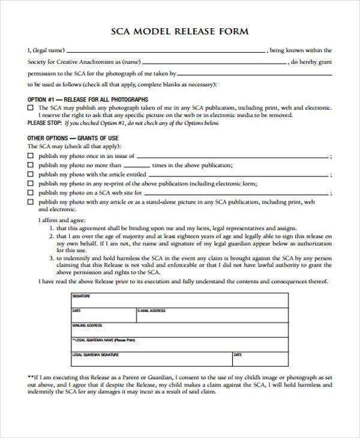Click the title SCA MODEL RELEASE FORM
coord(180,31)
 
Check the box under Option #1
coord(31,107)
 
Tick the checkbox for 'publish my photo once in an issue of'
coord(31,155)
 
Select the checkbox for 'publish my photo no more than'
coord(31,165)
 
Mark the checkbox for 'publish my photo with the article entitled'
coord(31,174)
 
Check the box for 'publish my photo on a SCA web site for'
coord(31,193)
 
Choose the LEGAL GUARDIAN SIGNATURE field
coord(150,359)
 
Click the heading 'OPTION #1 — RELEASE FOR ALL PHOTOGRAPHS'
coord(88,99)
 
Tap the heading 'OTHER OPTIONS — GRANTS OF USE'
coord(73,138)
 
